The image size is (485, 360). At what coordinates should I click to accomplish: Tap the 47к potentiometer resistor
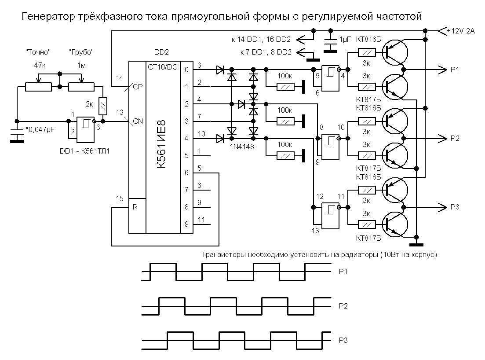coord(38,87)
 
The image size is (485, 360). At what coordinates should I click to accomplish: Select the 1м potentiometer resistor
coord(81,87)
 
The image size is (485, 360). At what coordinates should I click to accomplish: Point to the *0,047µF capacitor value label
coord(40,129)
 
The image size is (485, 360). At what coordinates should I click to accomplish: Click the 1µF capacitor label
coord(346,40)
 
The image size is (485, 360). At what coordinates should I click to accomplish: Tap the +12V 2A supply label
coord(461,31)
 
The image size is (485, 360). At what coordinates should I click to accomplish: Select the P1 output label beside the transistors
coord(455,70)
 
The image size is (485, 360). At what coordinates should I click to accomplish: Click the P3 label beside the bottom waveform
coord(343,341)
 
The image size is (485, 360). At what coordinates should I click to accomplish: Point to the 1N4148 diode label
coord(242,147)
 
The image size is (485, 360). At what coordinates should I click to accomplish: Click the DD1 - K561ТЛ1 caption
coord(84,151)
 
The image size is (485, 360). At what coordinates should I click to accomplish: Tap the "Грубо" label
coord(81,52)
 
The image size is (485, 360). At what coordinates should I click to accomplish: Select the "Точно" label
coord(38,52)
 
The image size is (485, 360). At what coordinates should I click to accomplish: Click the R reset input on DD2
coord(135,207)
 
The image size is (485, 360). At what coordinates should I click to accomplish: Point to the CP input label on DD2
coord(138,87)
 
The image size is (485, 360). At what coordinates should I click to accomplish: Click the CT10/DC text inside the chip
coord(163,67)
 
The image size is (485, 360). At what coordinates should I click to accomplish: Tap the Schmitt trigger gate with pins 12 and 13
coord(330,216)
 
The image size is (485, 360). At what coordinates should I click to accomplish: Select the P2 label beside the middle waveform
coord(343,306)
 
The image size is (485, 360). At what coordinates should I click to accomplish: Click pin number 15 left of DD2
coord(120,198)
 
